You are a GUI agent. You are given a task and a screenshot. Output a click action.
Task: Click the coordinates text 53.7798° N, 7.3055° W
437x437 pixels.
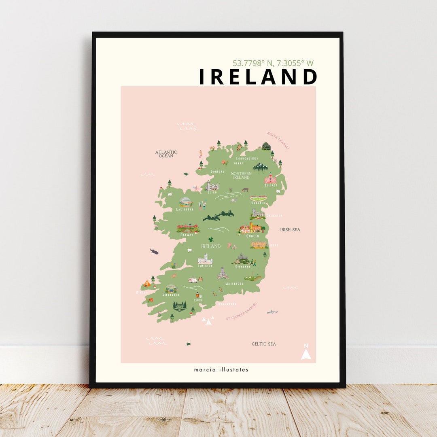click(x=273, y=63)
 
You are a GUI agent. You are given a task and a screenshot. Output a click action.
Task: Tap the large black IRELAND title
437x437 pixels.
click(x=258, y=77)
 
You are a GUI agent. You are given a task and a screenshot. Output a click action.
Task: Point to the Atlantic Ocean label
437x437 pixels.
click(x=166, y=154)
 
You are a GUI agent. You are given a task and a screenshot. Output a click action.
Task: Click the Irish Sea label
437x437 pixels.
click(x=290, y=229)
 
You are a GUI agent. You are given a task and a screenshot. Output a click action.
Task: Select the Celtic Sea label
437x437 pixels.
click(x=264, y=344)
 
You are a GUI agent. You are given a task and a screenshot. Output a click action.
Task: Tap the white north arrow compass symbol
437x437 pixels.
click(x=306, y=353)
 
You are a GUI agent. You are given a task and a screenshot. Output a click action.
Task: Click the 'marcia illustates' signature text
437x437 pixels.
click(x=221, y=369)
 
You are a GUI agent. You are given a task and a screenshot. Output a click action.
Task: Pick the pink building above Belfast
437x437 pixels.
click(x=270, y=178)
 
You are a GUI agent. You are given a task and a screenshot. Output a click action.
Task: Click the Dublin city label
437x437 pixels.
click(x=252, y=236)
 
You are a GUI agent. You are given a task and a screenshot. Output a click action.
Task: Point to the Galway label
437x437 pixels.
click(x=187, y=235)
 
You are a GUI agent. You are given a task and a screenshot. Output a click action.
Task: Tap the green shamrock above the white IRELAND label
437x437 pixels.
click(x=211, y=240)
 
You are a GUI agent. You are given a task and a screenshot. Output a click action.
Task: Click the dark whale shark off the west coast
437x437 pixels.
click(x=154, y=251)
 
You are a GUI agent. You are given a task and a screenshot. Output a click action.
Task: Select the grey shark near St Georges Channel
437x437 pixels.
click(x=272, y=312)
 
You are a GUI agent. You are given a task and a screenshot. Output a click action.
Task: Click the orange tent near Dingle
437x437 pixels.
click(x=147, y=284)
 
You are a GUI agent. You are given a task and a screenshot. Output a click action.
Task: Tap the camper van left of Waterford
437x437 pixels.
click(x=193, y=280)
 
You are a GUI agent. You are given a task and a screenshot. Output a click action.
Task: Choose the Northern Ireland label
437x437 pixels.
click(x=241, y=175)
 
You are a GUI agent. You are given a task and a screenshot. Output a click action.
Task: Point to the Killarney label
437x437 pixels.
click(x=171, y=295)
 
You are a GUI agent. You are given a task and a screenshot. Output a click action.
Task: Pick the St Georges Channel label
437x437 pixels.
click(x=241, y=312)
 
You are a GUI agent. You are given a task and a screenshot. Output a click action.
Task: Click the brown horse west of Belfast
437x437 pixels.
click(x=245, y=189)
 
